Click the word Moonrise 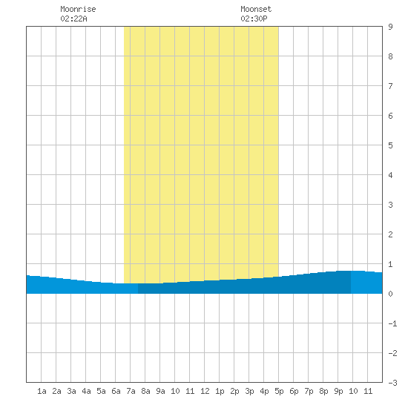pos(78,9)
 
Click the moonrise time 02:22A pos(73,19)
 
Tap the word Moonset pos(256,9)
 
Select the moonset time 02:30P pos(254,19)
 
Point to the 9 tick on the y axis pos(390,27)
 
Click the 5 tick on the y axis pos(390,145)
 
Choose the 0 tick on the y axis pos(390,294)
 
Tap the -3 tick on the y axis pos(392,383)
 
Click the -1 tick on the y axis pos(392,323)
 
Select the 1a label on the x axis pos(42,391)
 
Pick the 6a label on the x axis pos(116,391)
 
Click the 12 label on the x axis pos(205,391)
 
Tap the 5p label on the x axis pos(279,391)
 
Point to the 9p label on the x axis pos(338,391)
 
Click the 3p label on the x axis pos(249,391)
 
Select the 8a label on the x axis pos(145,391)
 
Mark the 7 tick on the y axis pos(390,86)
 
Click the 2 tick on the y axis pos(390,234)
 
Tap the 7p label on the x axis pos(309,391)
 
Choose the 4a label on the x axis pos(86,391)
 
